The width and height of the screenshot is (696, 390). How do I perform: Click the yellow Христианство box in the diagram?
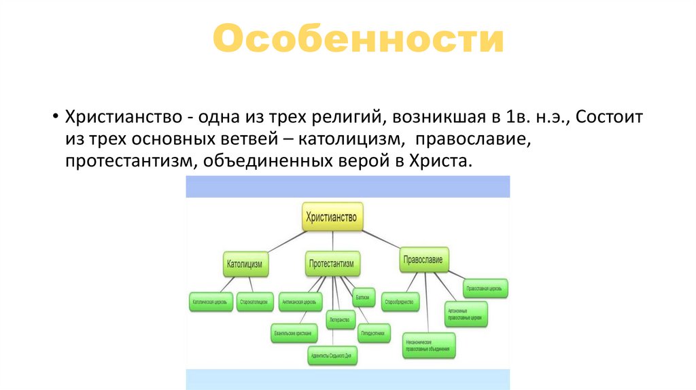[332, 217]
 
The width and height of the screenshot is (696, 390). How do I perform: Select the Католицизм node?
[245, 264]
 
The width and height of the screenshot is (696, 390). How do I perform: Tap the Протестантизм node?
[334, 264]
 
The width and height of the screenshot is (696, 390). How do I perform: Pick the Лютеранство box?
[341, 319]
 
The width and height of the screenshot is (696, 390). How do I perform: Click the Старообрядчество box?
[400, 301]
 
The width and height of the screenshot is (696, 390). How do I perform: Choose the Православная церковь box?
[484, 289]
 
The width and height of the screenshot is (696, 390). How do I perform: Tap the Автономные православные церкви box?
[466, 313]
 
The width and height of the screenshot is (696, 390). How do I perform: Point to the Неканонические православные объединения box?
[429, 345]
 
